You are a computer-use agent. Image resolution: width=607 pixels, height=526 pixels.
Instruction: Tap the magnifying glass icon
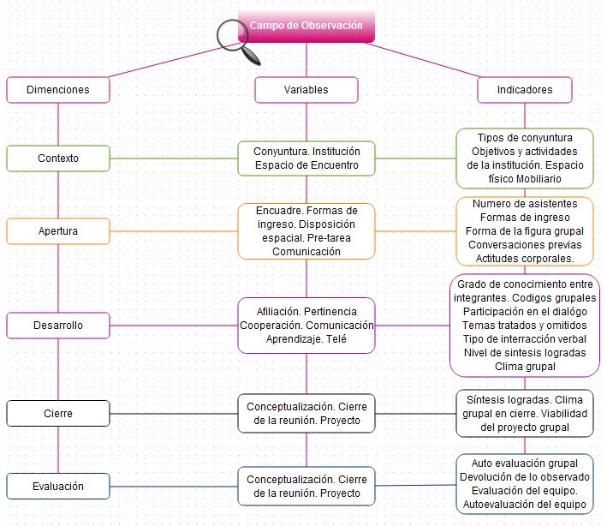pyautogui.click(x=240, y=39)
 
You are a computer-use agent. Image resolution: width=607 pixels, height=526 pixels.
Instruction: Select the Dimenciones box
pyautogui.click(x=57, y=89)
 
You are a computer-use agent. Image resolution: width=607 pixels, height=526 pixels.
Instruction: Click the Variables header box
pyautogui.click(x=306, y=89)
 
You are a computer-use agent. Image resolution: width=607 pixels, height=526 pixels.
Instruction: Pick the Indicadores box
pyautogui.click(x=525, y=89)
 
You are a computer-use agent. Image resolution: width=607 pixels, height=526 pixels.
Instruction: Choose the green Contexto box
pyautogui.click(x=57, y=158)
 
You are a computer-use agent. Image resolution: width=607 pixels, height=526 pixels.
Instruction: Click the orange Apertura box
pyautogui.click(x=57, y=231)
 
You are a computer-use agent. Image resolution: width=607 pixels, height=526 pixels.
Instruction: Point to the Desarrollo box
pyautogui.click(x=57, y=326)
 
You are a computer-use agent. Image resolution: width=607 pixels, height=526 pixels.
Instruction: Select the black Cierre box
pyautogui.click(x=57, y=413)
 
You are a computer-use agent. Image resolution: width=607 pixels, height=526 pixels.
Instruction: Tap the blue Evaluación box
pyautogui.click(x=57, y=486)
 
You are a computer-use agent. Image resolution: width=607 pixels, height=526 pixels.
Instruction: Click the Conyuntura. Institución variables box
pyautogui.click(x=306, y=158)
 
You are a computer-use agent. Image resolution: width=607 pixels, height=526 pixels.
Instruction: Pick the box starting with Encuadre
pyautogui.click(x=306, y=231)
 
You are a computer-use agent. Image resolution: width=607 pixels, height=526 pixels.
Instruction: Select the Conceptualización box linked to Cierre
pyautogui.click(x=306, y=413)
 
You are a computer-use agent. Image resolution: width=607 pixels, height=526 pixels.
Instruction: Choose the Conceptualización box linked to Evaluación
pyautogui.click(x=306, y=486)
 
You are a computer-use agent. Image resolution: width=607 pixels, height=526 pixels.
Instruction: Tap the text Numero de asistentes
pyautogui.click(x=525, y=204)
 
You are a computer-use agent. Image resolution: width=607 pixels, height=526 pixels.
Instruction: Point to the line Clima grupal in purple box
pyautogui.click(x=525, y=367)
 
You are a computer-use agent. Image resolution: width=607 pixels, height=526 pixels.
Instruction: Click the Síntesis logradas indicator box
pyautogui.click(x=525, y=413)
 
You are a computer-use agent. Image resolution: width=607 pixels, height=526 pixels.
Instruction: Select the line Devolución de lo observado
pyautogui.click(x=525, y=476)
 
